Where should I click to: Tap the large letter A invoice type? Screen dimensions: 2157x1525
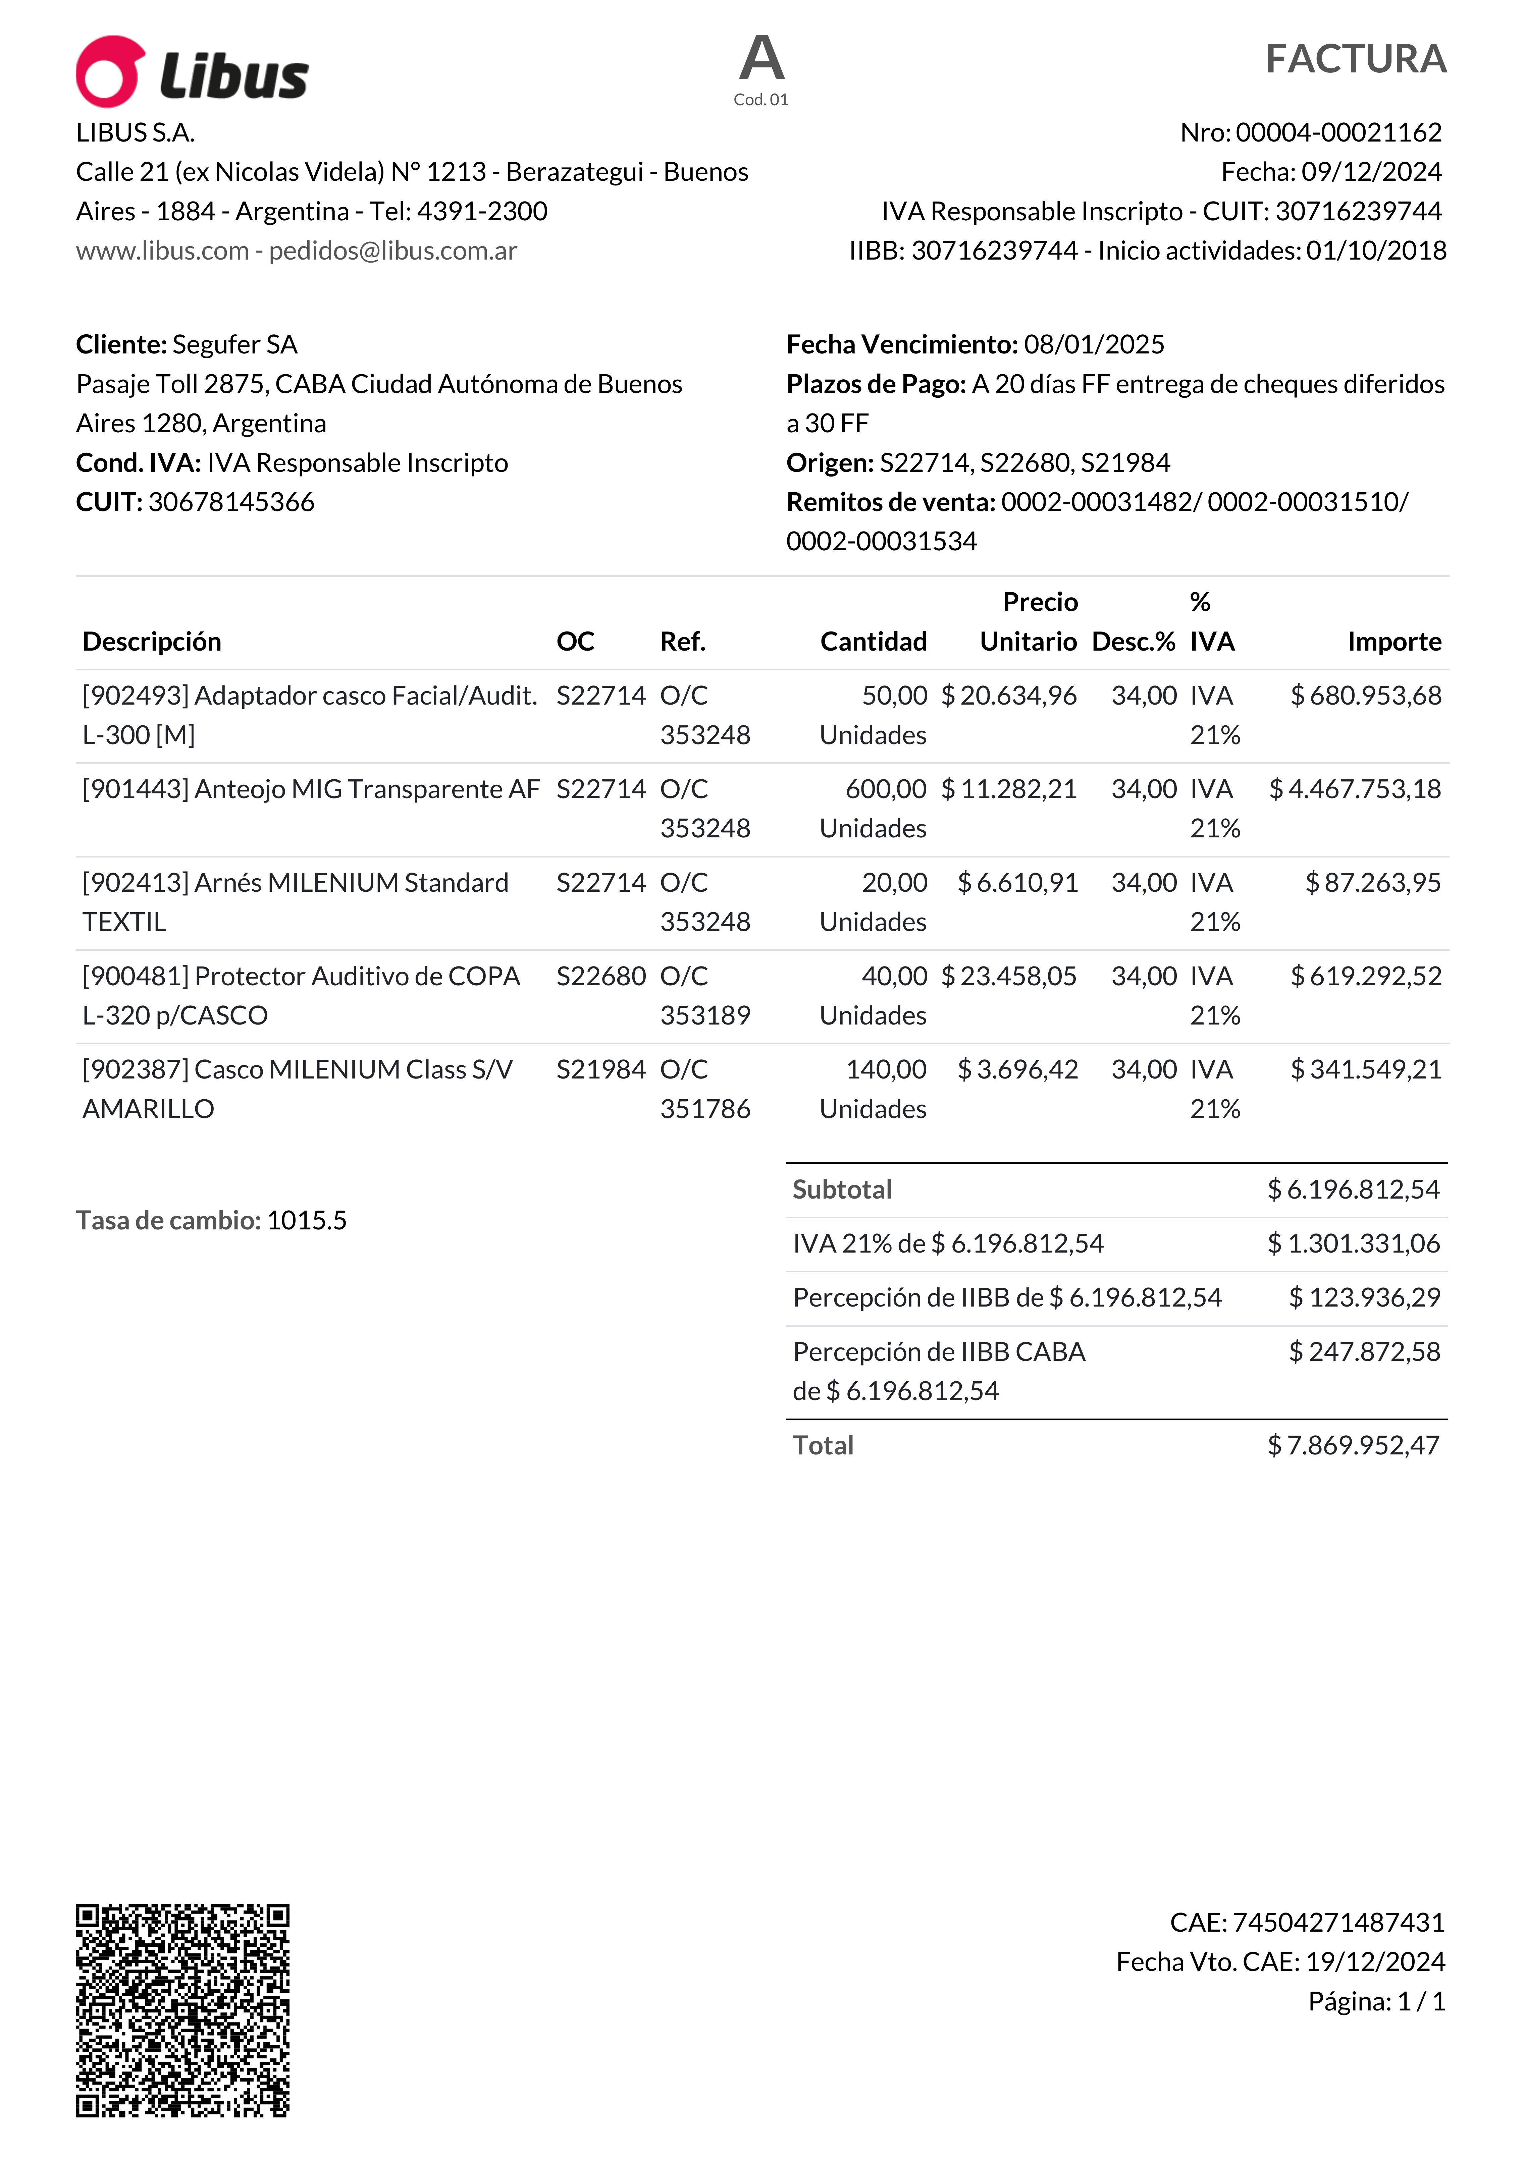(761, 58)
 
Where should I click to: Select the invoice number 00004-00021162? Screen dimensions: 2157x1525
(1338, 132)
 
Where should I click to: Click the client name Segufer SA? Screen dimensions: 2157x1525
(235, 345)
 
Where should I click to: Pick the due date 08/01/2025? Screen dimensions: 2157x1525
(1094, 345)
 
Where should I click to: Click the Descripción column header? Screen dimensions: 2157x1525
(152, 642)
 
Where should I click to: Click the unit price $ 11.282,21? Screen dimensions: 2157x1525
(1009, 789)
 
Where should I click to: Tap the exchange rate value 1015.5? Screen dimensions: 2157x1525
(306, 1220)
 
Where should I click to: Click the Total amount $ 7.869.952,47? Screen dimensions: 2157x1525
(1353, 1445)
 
